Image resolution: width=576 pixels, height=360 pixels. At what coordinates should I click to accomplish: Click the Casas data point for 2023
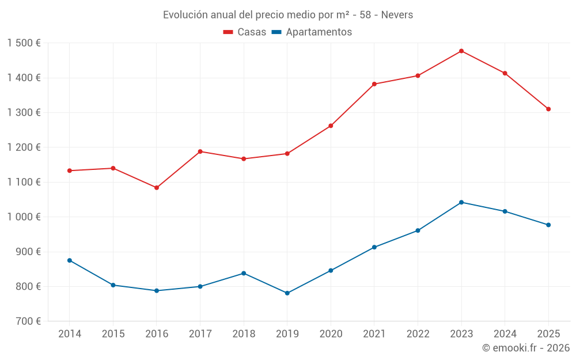point(461,51)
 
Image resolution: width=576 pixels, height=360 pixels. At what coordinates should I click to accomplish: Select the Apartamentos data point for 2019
point(287,293)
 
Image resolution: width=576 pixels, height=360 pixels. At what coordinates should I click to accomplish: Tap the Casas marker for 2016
point(157,188)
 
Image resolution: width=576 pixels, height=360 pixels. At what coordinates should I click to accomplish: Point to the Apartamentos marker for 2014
point(70,260)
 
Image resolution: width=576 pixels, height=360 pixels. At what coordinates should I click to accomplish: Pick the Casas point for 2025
point(548,109)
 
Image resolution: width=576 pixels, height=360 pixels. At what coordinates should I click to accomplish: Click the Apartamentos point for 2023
point(461,202)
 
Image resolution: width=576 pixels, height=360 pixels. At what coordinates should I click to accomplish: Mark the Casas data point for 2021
point(374,84)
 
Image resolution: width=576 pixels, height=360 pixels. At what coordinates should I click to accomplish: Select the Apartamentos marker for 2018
point(244,273)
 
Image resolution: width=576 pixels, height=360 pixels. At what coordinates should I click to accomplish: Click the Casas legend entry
point(245,32)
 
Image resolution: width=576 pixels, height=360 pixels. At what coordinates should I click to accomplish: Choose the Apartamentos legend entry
point(312,32)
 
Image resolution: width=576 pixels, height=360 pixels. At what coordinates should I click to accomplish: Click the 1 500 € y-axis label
point(24,43)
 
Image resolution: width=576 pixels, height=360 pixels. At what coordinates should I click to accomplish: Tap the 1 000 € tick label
point(24,217)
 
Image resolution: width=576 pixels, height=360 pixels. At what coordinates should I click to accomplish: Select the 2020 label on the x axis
point(331,334)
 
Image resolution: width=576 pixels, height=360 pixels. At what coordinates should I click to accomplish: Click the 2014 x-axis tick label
point(70,334)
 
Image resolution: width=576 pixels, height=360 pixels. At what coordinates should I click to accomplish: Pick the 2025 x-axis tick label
point(548,334)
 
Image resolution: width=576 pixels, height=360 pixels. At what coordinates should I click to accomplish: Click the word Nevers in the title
point(397,15)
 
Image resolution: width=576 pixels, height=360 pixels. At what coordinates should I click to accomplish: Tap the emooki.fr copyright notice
point(526,348)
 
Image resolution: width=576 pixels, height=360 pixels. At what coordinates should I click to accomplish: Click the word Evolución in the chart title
point(183,15)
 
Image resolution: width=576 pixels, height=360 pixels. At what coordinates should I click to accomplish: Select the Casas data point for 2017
point(200,151)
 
